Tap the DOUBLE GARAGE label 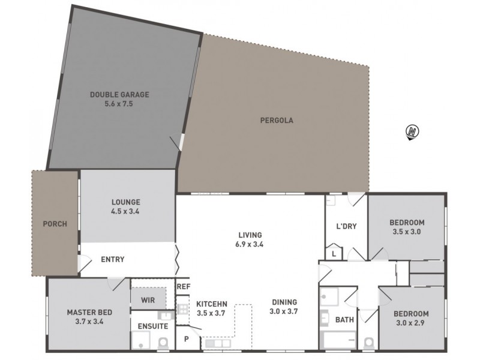point(119,94)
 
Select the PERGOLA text point(277,120)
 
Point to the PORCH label point(55,224)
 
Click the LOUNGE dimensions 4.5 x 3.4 point(125,211)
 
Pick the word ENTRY point(112,259)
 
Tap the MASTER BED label point(89,313)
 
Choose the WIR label point(148,298)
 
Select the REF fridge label point(183,287)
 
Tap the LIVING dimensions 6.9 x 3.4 point(250,244)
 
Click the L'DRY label point(346,226)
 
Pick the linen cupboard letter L point(334,254)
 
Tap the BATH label point(344,320)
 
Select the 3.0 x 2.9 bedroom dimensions point(411,323)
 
